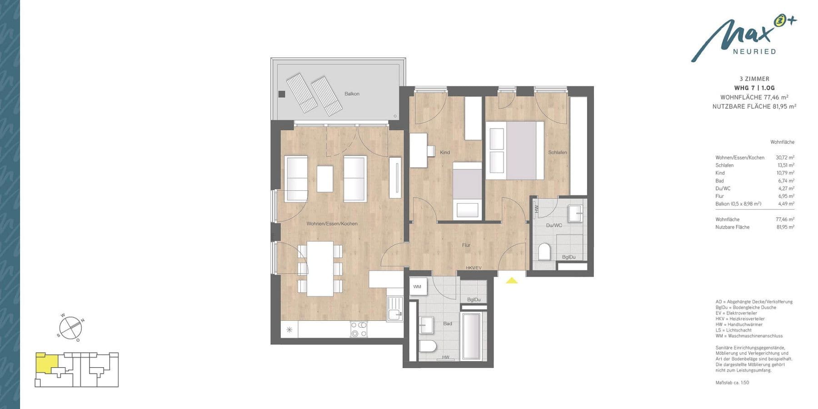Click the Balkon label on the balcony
tap(352, 94)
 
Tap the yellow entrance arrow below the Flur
tap(512, 280)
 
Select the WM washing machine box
tap(417, 287)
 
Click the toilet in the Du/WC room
tap(544, 251)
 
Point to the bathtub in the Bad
tap(474, 336)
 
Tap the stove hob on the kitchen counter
tap(359, 329)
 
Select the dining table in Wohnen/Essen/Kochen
tap(320, 268)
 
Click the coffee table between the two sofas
tap(324, 179)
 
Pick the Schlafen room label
tap(557, 152)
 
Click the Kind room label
tap(445, 152)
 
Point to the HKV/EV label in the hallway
tap(473, 268)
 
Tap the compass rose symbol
tap(70, 327)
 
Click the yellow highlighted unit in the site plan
tap(46, 363)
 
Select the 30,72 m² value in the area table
tap(785, 158)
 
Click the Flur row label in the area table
tap(719, 196)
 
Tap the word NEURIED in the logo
tap(754, 52)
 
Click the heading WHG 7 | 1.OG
tap(754, 88)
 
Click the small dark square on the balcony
tap(282, 94)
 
